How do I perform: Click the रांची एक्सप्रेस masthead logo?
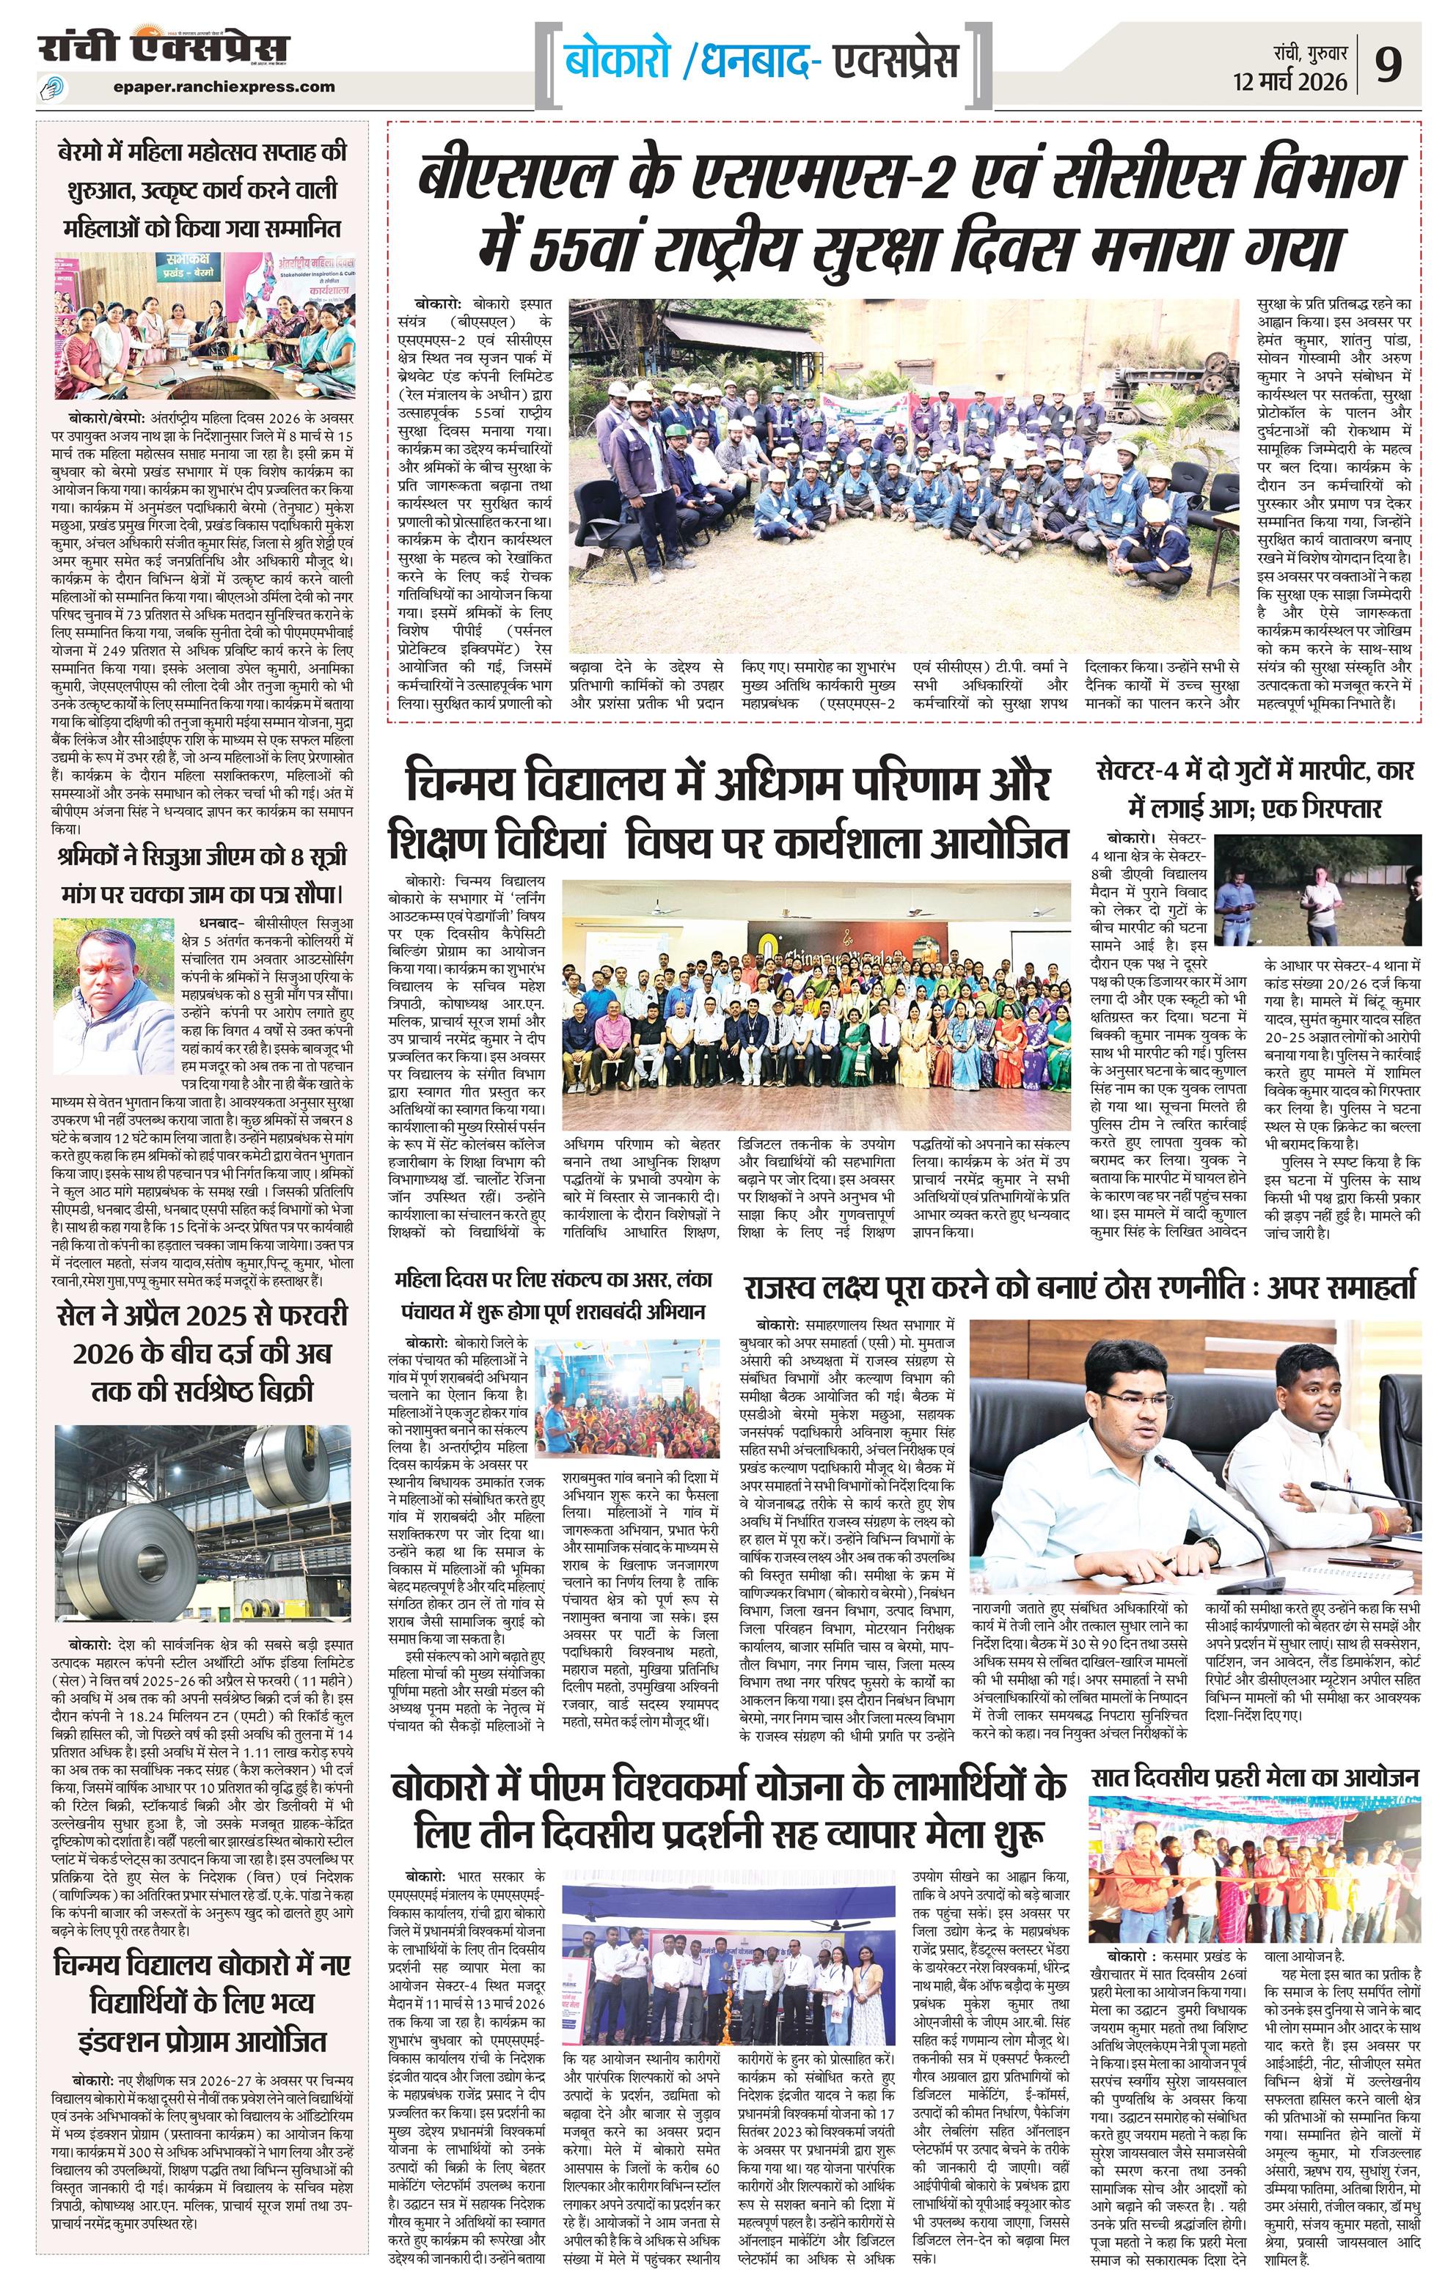click(163, 50)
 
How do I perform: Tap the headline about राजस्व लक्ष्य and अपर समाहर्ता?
click(1080, 1286)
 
